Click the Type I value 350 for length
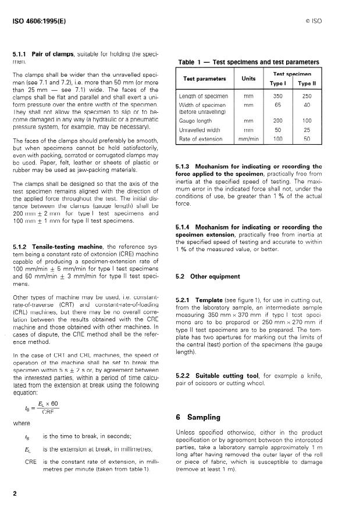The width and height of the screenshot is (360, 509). pyautogui.click(x=279, y=96)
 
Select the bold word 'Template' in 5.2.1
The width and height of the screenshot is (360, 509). pyautogui.click(x=210, y=299)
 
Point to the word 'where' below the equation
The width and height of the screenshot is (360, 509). pyautogui.click(x=21, y=423)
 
